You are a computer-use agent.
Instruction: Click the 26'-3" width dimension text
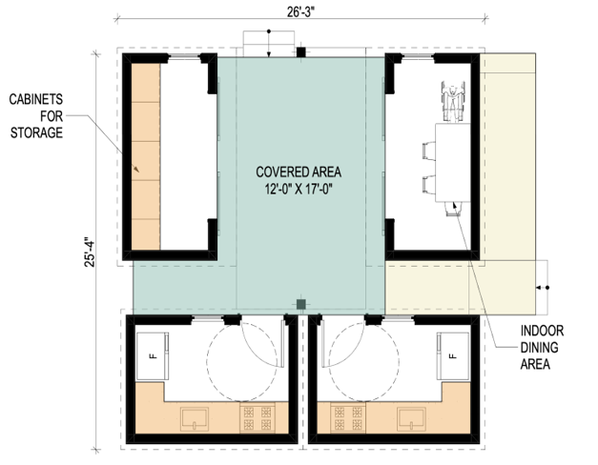click(x=300, y=11)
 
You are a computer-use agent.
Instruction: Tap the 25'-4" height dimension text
click(x=90, y=253)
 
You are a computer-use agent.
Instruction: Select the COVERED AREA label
click(x=299, y=172)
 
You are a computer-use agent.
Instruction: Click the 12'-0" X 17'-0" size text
click(x=299, y=189)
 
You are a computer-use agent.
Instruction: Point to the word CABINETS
click(x=36, y=99)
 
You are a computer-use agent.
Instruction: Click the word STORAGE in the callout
click(x=36, y=132)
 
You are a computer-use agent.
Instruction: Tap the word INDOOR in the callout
click(x=542, y=331)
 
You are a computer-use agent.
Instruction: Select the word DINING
click(x=539, y=347)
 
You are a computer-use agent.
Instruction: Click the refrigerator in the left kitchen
click(x=153, y=356)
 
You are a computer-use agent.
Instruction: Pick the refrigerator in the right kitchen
click(x=453, y=356)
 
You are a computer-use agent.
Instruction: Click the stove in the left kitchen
click(x=258, y=417)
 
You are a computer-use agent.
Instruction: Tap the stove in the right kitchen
click(x=348, y=417)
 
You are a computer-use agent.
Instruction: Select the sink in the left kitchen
click(x=195, y=419)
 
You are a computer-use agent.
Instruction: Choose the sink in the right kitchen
click(x=411, y=419)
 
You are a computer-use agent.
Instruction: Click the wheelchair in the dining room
click(x=453, y=101)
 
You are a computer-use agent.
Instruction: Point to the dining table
click(x=453, y=162)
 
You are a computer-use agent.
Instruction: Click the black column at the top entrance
click(x=301, y=52)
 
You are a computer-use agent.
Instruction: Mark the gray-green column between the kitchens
click(x=301, y=304)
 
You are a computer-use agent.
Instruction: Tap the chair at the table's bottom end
click(x=453, y=209)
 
